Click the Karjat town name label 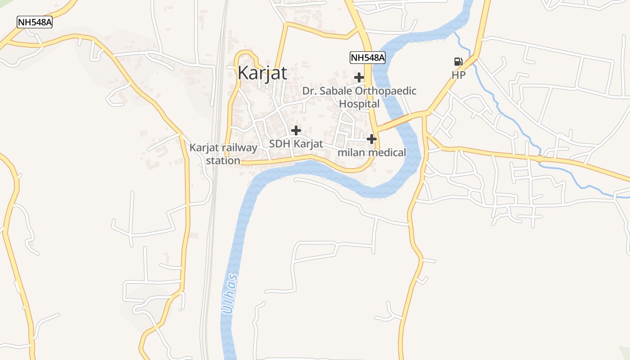point(262,72)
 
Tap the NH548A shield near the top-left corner point(35,22)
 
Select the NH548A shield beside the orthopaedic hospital point(368,58)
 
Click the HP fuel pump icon point(458,62)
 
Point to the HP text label point(459,75)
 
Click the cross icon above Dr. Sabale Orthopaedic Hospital point(359,77)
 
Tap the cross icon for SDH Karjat point(296,130)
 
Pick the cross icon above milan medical point(372,139)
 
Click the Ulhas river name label point(230,294)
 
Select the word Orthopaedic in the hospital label point(386,91)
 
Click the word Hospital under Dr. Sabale point(359,104)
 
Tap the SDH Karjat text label point(296,144)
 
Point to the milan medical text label point(372,153)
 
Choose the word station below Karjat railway point(223,160)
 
